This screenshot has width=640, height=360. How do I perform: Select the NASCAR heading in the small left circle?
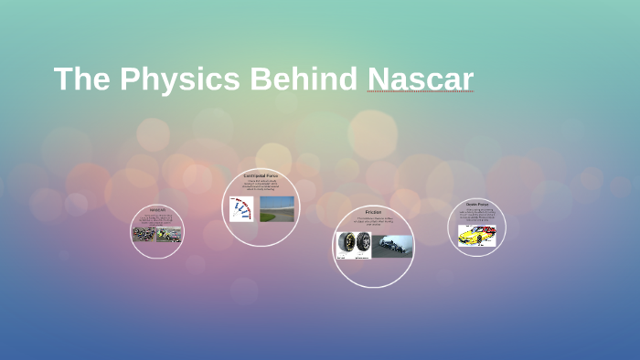coord(156,209)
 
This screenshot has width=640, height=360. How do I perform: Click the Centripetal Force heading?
coord(261,175)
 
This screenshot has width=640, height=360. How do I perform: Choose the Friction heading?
coord(373,212)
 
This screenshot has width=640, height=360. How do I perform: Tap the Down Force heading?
coord(477,204)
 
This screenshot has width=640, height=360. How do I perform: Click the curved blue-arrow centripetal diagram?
coord(242,209)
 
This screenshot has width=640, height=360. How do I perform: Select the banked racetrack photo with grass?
coord(277,208)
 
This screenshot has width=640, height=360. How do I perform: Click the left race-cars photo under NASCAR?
coord(144,235)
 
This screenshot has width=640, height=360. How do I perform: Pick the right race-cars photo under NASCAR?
coord(169,235)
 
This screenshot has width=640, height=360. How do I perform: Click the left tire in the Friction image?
coord(347,245)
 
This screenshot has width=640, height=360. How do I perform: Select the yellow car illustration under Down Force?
coord(476,236)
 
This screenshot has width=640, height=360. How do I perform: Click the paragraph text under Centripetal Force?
coord(261,185)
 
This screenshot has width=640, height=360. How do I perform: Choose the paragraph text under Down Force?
coord(477,215)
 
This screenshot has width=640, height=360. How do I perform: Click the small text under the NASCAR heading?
coord(156,219)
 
